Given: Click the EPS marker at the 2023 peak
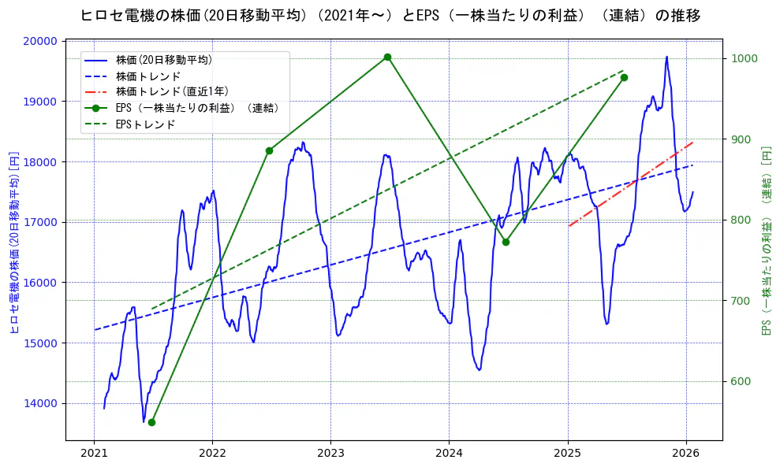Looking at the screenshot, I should (387, 57).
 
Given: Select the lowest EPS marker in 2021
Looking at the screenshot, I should (151, 422).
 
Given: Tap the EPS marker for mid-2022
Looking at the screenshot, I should (269, 150).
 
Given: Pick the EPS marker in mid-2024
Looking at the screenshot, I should (506, 242).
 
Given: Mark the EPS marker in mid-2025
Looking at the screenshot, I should (624, 77).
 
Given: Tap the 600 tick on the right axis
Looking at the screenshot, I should (741, 382).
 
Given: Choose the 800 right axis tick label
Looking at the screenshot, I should (741, 221).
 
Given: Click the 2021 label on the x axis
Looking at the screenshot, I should (94, 454).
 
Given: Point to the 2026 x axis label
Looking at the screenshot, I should (686, 454).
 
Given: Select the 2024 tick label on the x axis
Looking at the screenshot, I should (449, 454).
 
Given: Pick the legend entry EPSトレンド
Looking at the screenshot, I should (145, 124).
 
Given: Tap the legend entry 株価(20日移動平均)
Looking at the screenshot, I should (163, 59).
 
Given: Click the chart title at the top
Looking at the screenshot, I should (390, 16).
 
